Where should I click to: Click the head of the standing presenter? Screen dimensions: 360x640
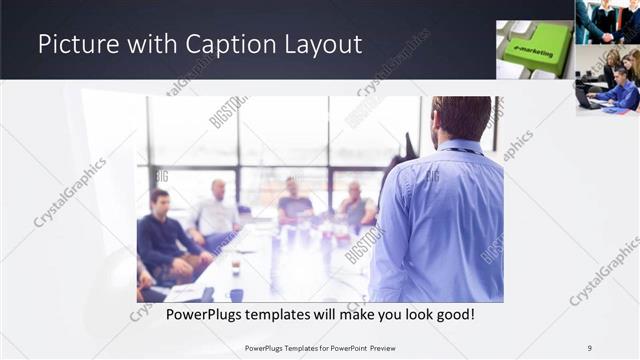coord(462,118)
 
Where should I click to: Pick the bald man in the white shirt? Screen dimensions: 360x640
coord(216,212)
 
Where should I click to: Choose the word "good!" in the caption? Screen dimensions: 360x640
coord(451,314)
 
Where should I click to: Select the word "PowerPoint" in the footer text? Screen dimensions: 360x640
coord(346,347)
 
